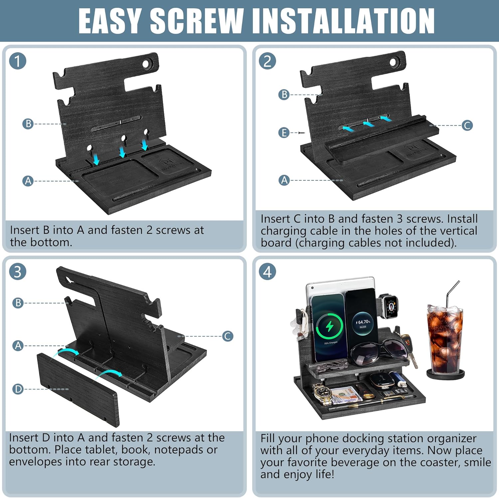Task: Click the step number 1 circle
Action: point(18,61)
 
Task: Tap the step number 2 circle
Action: point(267,61)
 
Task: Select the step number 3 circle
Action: point(18,271)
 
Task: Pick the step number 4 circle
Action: point(267,271)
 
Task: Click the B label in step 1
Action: point(28,124)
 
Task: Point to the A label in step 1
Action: point(28,181)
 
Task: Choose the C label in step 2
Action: point(467,125)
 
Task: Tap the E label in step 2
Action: point(284,133)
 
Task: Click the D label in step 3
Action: point(18,389)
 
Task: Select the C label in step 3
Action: point(228,336)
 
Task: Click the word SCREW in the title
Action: point(197,21)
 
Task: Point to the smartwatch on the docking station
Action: point(389,305)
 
